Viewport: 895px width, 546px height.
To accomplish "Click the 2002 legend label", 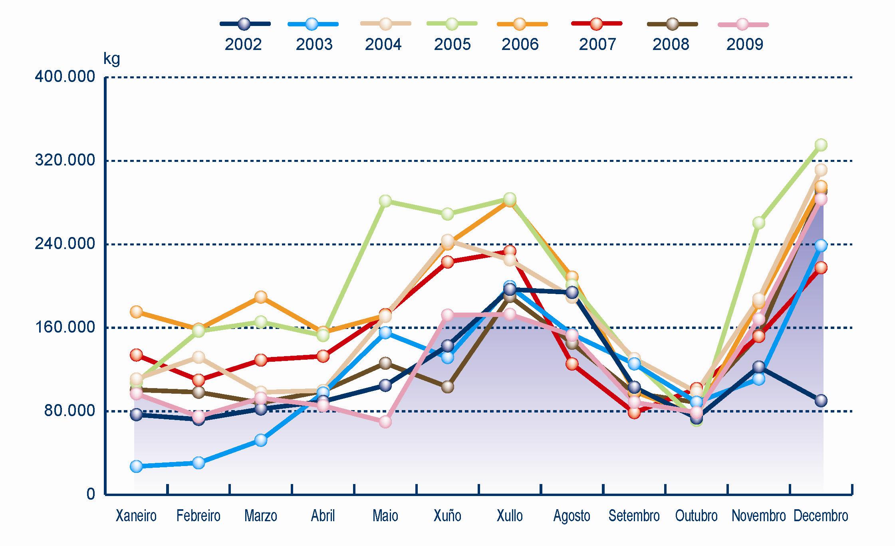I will coord(243,44).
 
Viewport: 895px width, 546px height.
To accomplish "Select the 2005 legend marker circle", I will coord(452,24).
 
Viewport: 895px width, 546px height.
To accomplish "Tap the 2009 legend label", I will coord(744,44).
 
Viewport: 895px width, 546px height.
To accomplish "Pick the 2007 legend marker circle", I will coord(597,24).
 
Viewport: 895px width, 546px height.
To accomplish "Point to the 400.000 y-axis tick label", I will coord(65,76).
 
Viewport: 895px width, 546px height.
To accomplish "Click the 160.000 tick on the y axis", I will coord(65,327).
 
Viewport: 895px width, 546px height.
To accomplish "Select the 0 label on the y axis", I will coord(91,494).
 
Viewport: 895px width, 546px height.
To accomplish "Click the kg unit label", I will coord(111,59).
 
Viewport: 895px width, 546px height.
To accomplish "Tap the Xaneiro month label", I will coord(136,516).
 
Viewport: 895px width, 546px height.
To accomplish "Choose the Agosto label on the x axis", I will coord(572,516).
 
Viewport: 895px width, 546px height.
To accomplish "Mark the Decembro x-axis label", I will coord(821,516).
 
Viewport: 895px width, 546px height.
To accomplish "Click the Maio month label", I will coord(385,516).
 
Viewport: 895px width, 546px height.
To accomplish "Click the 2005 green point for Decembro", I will coord(821,145).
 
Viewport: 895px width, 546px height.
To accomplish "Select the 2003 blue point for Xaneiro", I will coord(136,466).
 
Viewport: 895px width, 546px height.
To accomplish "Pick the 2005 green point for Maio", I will coord(385,201).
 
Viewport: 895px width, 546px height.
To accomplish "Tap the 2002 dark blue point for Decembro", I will coord(821,401).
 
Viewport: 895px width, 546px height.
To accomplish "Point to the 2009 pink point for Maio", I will coord(385,422).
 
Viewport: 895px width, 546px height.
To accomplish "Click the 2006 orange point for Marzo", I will coord(261,297).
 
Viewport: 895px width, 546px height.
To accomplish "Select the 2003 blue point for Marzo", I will coord(261,440).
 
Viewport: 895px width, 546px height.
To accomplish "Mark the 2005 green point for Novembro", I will coord(758,223).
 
